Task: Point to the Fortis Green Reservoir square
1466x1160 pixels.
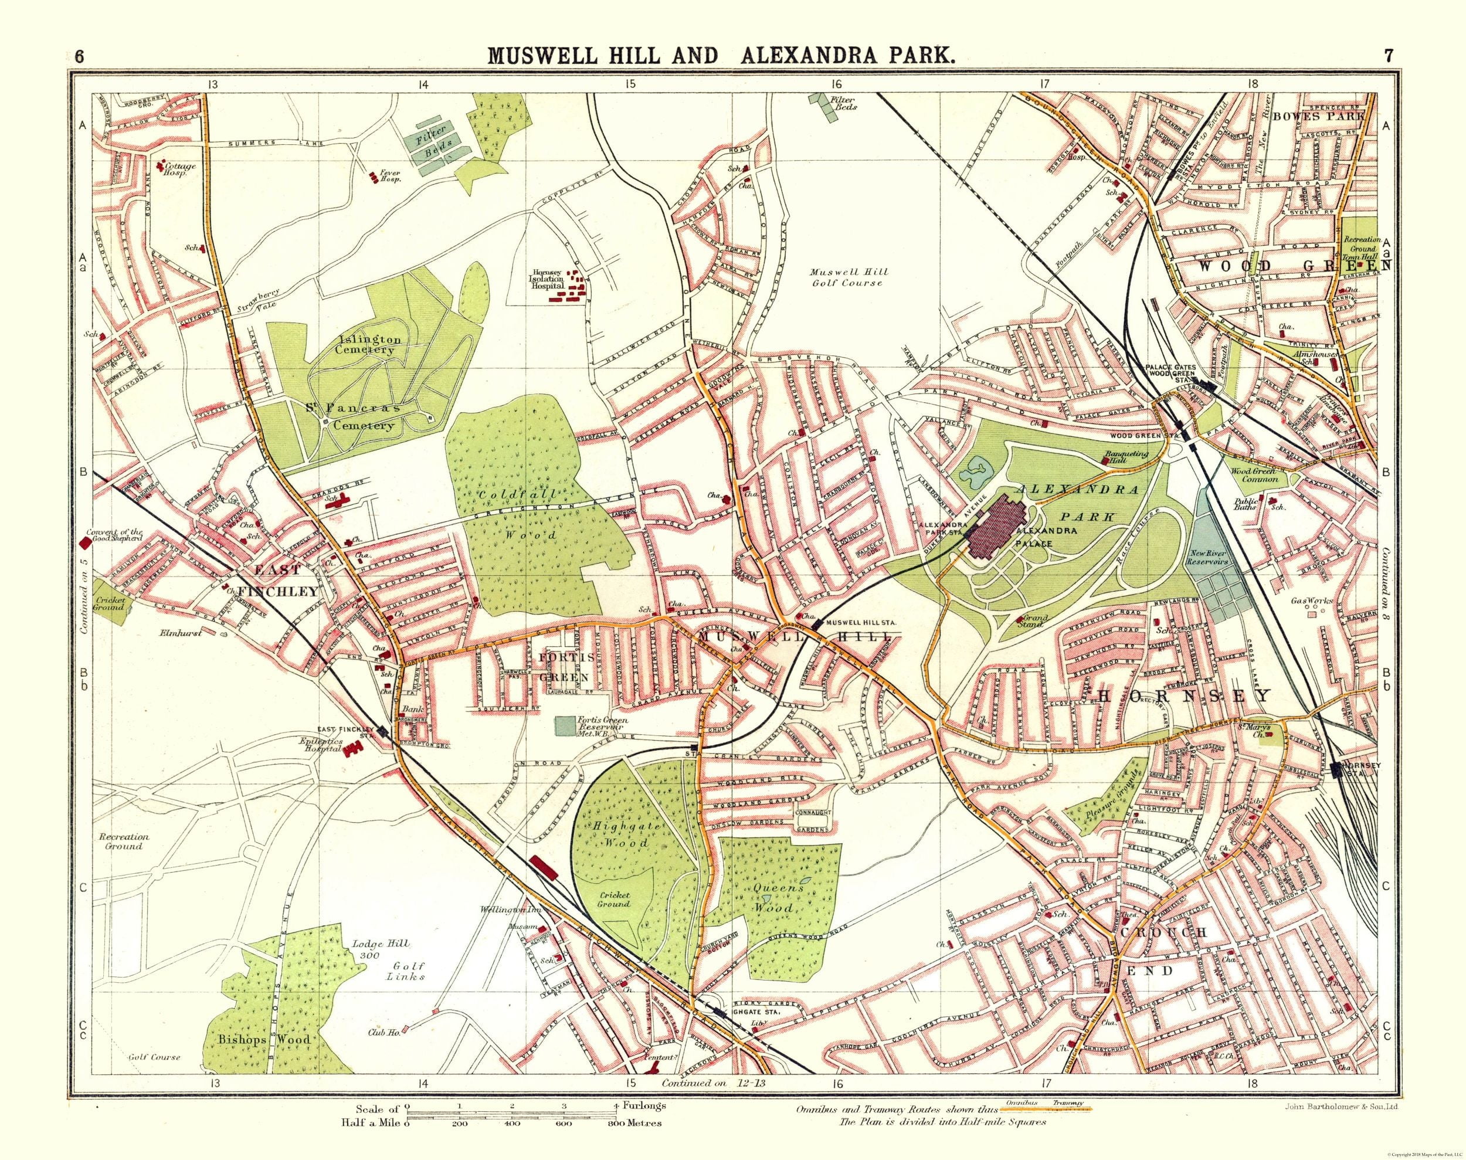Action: (x=564, y=725)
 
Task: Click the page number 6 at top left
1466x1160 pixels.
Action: (x=80, y=57)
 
